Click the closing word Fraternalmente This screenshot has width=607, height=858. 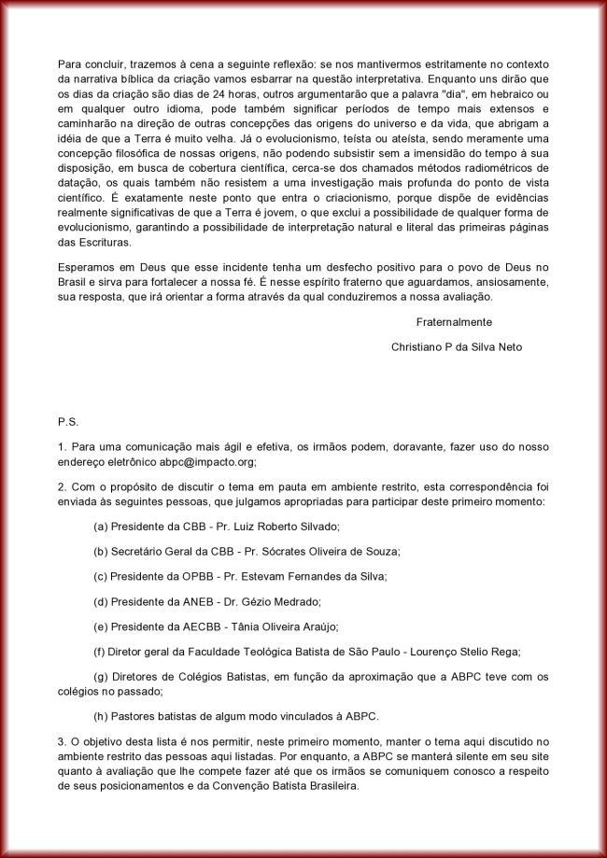(x=454, y=321)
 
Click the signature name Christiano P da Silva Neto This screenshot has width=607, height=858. (x=457, y=346)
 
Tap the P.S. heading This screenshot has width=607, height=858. (x=67, y=421)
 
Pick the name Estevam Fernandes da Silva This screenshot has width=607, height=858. (x=312, y=576)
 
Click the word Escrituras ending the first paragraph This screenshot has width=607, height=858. (x=99, y=241)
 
